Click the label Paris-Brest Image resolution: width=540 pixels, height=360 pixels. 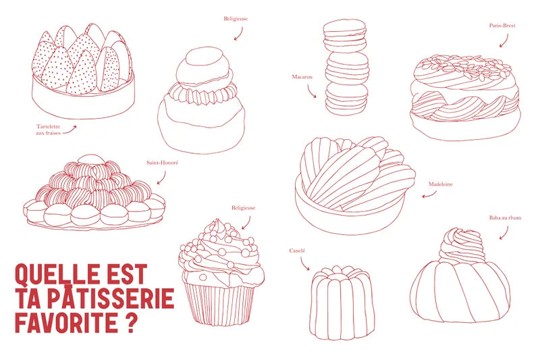click(x=502, y=26)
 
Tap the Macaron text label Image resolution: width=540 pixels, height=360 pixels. click(x=302, y=77)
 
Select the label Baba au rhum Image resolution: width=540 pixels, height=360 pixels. click(x=505, y=217)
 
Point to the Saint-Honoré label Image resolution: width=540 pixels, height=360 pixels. click(x=163, y=163)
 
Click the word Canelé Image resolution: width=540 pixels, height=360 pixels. click(x=297, y=251)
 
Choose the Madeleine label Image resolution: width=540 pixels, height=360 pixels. click(x=441, y=184)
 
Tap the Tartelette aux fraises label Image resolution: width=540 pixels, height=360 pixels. click(x=48, y=130)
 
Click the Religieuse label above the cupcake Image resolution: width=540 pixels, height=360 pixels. click(x=243, y=208)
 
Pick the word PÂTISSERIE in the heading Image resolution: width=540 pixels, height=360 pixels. click(x=111, y=299)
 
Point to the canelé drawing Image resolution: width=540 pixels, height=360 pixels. click(x=342, y=303)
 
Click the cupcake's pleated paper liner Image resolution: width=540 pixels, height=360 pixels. click(x=219, y=303)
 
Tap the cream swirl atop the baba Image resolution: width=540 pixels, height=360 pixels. click(x=462, y=246)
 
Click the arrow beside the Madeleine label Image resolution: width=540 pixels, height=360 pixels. click(x=429, y=195)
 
